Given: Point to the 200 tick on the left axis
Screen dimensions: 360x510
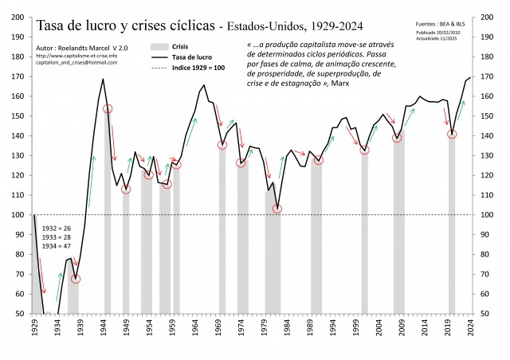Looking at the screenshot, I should [17, 16].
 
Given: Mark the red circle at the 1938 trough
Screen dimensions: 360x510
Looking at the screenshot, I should [76, 279].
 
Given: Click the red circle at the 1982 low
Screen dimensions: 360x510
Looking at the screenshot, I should [277, 209].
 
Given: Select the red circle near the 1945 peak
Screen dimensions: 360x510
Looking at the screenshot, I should [108, 108].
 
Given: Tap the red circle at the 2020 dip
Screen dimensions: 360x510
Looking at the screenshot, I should [452, 134].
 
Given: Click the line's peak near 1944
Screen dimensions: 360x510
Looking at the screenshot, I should [103, 78].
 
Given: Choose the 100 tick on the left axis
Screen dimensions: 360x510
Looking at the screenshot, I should [17, 215].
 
